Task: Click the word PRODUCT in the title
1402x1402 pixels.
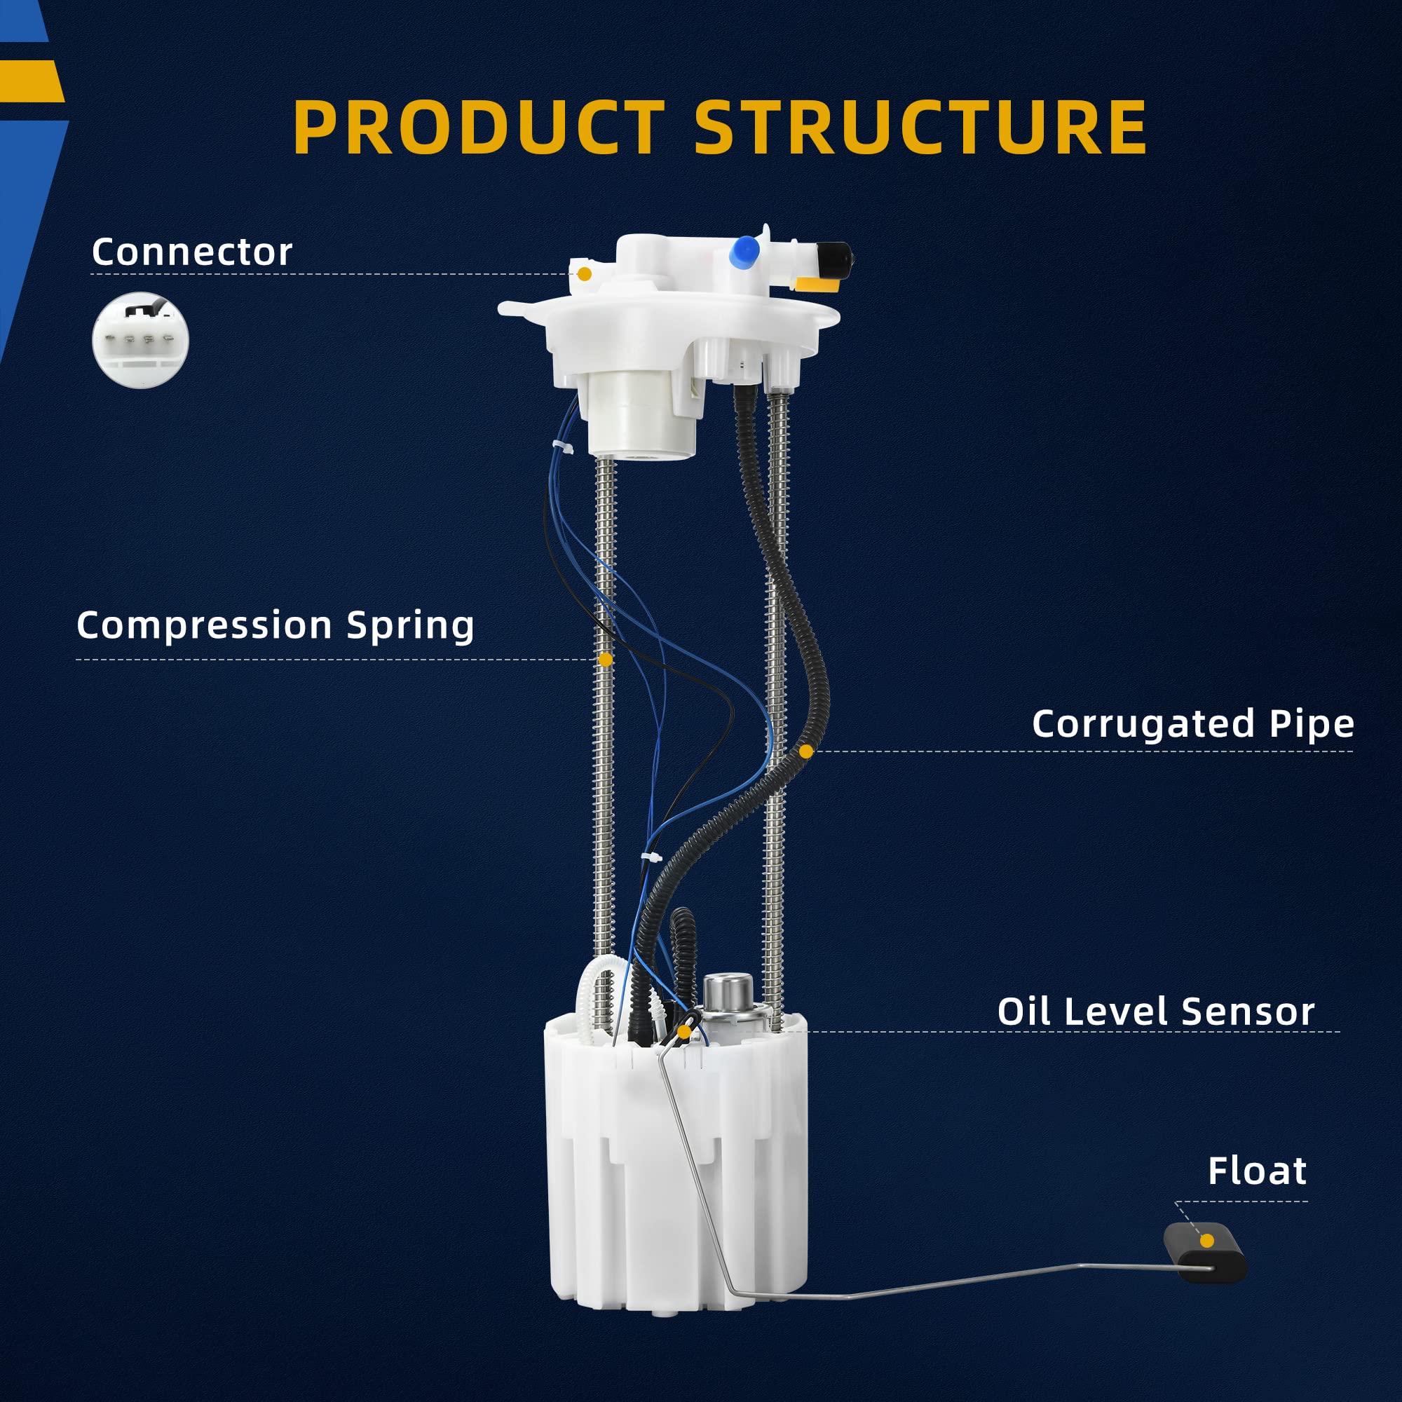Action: point(478,128)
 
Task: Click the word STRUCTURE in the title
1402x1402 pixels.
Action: point(921,128)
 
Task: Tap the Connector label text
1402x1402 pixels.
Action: point(191,252)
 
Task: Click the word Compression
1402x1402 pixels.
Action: point(201,625)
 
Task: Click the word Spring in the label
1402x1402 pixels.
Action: point(410,626)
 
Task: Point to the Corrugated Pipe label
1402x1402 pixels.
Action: point(1192,724)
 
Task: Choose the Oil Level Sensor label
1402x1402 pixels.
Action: point(1155,1012)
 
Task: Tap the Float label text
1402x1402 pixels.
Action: point(1257,1172)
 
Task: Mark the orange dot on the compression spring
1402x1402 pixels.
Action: point(605,660)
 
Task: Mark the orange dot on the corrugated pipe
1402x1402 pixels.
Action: point(805,751)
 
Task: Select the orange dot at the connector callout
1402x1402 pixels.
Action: point(584,273)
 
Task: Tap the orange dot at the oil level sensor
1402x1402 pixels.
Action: point(683,1031)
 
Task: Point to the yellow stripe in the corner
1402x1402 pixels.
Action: point(30,81)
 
